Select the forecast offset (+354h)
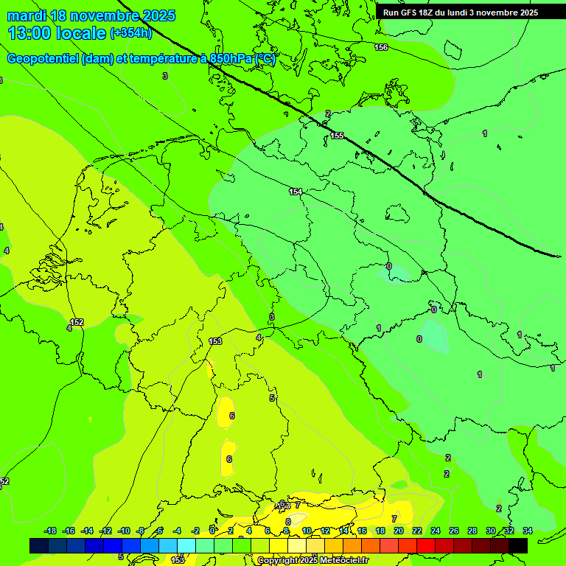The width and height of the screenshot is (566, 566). (131, 33)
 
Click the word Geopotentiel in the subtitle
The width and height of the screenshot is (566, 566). (43, 59)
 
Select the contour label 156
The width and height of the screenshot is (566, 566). (380, 47)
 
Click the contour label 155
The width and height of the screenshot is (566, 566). (337, 136)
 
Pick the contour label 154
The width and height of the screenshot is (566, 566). (296, 192)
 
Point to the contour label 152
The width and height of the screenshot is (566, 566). (77, 322)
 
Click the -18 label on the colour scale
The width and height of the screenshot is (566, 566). (50, 531)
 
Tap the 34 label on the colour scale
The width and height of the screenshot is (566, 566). (527, 531)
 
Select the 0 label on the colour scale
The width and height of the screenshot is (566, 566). (212, 531)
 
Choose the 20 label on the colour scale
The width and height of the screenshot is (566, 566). (398, 531)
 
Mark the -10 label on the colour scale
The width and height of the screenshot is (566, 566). (124, 531)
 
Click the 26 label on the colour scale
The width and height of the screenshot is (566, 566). (453, 531)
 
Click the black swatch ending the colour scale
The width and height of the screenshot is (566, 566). (518, 546)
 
